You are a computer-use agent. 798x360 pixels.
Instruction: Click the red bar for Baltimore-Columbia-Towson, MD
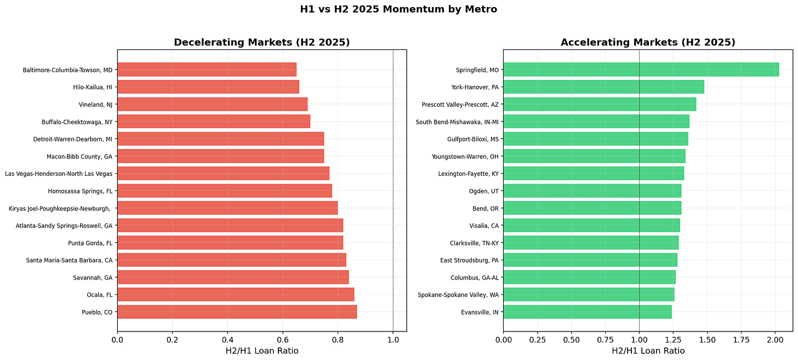[207, 70]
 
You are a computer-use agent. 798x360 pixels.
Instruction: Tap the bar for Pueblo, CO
[237, 312]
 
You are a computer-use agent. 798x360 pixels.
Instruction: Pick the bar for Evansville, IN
[587, 312]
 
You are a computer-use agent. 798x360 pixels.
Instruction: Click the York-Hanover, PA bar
[603, 87]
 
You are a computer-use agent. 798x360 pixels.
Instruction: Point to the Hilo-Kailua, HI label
[92, 87]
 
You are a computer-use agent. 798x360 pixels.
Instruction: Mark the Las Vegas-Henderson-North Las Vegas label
[59, 174]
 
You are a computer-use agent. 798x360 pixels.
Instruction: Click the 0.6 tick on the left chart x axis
[283, 340]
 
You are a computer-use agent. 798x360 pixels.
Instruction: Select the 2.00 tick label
[775, 340]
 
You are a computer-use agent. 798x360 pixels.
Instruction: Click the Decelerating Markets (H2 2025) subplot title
[261, 42]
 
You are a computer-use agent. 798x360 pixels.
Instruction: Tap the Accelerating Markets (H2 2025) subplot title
[648, 42]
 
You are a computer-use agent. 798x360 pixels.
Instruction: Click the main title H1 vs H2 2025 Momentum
[398, 9]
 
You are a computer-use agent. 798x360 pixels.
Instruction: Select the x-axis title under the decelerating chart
[261, 351]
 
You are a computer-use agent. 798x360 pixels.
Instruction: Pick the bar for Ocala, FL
[236, 295]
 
